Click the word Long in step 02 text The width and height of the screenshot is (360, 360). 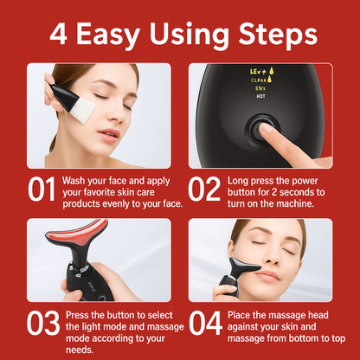(x=240, y=180)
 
